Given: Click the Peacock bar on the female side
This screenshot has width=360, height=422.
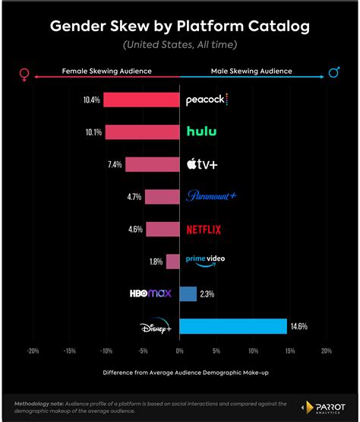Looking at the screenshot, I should point(141,100).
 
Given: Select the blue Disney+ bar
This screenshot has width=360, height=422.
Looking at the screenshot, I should point(232,326).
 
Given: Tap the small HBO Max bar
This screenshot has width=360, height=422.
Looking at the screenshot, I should point(188,293).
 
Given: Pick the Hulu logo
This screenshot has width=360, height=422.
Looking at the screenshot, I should point(202,132).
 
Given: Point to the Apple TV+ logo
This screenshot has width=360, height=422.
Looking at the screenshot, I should point(202,164).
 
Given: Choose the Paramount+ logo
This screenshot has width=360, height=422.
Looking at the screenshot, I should point(211,196).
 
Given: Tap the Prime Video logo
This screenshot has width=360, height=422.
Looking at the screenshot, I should point(205,260).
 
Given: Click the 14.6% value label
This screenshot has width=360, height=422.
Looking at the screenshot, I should point(298,326).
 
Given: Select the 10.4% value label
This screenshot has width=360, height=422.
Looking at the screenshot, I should point(92,100).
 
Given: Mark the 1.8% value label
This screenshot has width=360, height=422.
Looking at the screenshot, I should point(156,262).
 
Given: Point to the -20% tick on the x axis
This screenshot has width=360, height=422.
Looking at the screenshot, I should point(33,351).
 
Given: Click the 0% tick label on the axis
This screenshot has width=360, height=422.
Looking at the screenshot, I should point(179,351).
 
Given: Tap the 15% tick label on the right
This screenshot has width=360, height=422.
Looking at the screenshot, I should point(289,351).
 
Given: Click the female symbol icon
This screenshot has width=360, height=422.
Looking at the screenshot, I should point(24,74).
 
